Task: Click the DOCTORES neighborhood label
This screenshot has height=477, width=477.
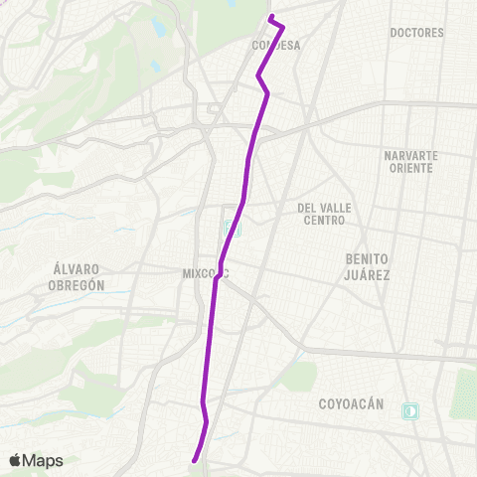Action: (x=416, y=33)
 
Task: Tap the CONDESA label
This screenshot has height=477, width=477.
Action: (x=275, y=45)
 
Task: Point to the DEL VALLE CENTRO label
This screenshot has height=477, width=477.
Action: (x=321, y=214)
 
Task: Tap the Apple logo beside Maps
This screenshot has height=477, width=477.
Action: (x=15, y=460)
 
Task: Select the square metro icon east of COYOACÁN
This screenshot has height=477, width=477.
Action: (x=409, y=410)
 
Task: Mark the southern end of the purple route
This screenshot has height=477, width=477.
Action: (x=193, y=459)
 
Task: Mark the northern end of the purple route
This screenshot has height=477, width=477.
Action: (x=270, y=17)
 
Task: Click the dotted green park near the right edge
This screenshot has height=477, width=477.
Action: (x=463, y=394)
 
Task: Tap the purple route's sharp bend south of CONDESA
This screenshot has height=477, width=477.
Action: (x=259, y=76)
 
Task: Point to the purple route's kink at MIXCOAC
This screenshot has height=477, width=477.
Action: (x=216, y=279)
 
